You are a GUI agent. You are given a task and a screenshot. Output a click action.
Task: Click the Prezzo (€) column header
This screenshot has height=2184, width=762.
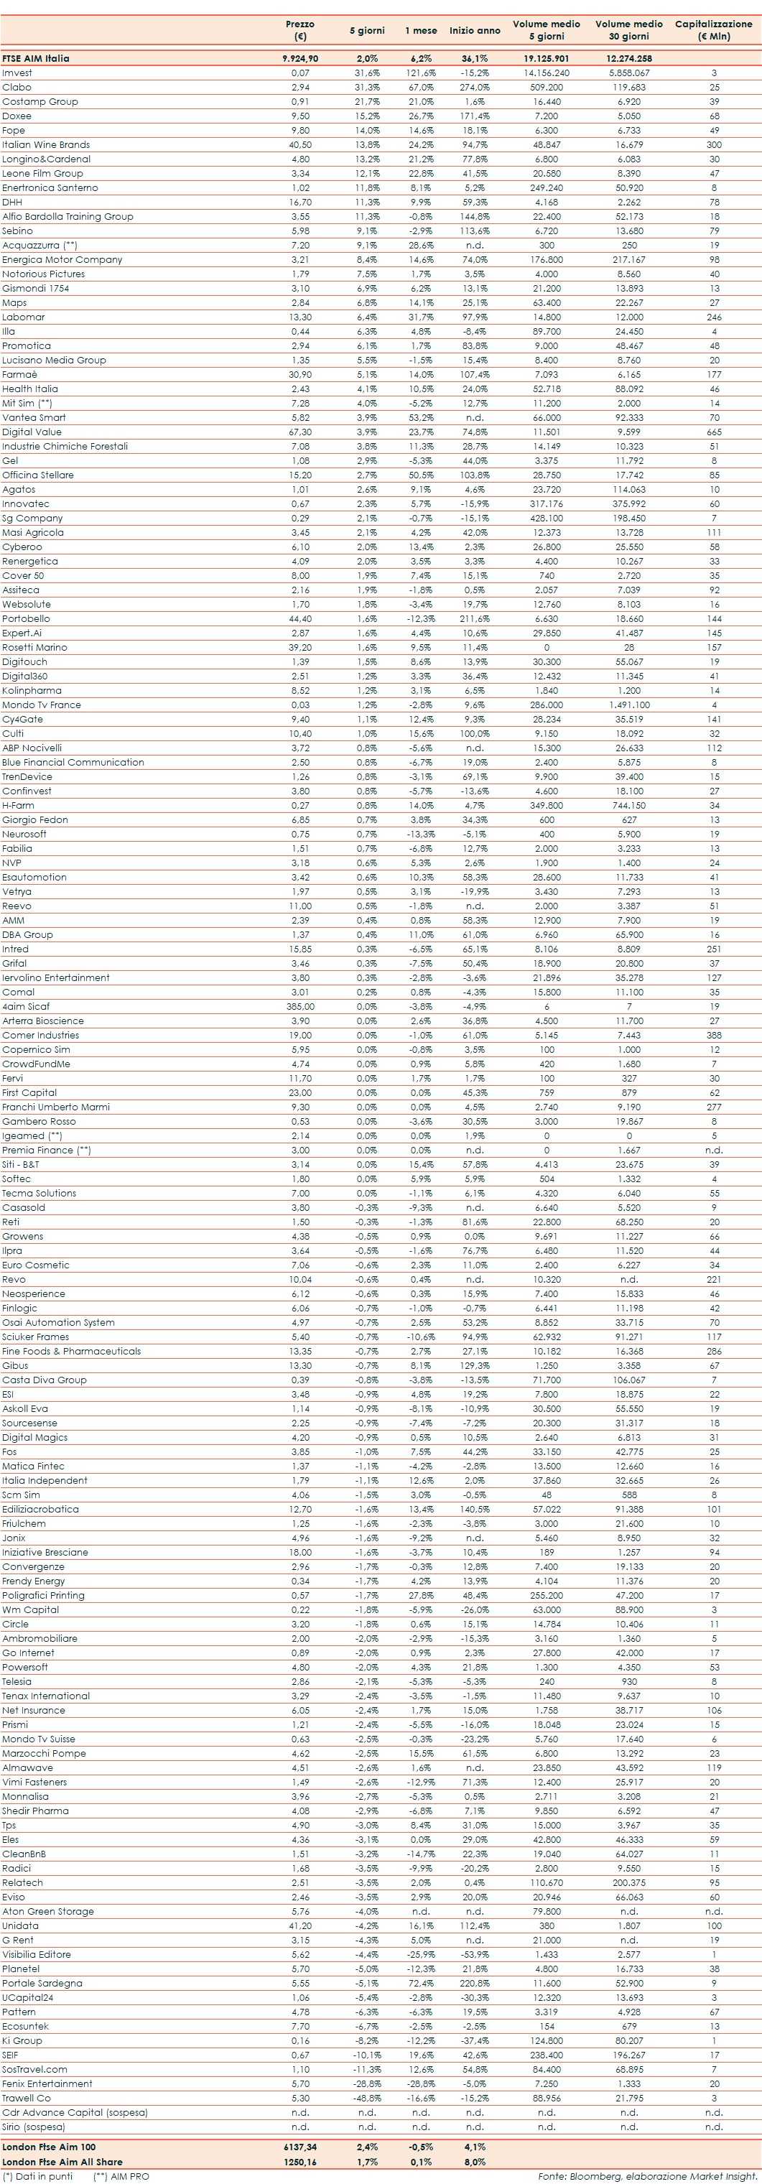point(300,29)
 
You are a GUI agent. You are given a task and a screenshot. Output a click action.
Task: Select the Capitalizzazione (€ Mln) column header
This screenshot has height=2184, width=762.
point(713,29)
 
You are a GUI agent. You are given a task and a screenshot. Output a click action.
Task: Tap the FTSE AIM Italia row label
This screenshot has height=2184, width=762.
point(36,58)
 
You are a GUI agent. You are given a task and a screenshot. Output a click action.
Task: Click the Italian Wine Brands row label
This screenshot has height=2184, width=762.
point(46,145)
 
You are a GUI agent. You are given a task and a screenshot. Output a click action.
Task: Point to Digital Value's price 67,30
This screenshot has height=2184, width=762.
point(300,432)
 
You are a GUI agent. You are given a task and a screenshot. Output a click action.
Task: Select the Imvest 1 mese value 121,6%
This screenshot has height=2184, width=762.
point(420,73)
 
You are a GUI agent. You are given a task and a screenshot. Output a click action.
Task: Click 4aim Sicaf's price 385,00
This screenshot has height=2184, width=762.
point(300,1006)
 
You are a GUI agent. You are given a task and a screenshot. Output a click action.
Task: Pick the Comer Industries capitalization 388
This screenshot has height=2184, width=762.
point(714,1035)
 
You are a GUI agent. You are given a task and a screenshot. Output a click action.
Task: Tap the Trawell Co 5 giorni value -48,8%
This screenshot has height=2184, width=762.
point(367,2099)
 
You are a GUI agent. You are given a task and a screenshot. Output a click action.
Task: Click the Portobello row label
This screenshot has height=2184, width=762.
point(27,619)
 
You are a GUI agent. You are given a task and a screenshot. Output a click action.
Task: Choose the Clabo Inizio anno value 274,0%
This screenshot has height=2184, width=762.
point(475,88)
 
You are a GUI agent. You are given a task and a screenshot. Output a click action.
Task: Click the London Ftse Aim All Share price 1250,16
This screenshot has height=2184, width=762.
point(300,2162)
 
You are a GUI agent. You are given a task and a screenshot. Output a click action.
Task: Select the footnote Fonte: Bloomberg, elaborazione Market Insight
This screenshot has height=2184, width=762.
point(646,2176)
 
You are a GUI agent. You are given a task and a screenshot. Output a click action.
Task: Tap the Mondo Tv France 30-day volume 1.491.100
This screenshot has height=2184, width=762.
point(629,705)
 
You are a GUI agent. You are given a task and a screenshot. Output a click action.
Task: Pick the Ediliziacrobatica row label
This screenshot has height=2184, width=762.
point(41,1509)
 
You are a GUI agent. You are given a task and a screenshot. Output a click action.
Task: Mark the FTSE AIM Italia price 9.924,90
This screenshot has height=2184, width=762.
point(300,58)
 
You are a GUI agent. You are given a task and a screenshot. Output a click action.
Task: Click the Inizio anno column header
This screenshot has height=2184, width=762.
point(475,30)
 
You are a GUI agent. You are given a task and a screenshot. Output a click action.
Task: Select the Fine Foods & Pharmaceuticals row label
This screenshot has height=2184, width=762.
point(71,1352)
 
